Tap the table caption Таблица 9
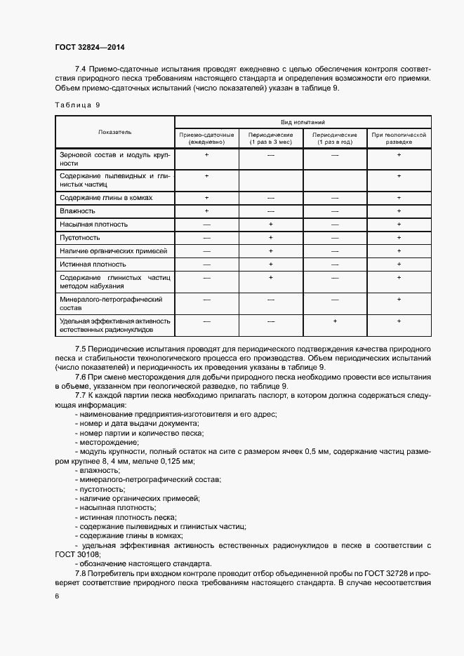click(77, 105)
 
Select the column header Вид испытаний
click(303, 121)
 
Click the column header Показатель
click(114, 132)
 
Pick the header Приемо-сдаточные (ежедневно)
click(206, 138)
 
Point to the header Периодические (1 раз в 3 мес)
click(270, 138)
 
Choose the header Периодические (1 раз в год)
click(334, 138)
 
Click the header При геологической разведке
click(398, 138)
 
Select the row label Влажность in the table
click(78, 210)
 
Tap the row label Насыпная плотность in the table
click(94, 225)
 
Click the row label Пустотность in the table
click(81, 238)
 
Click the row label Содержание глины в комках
click(106, 198)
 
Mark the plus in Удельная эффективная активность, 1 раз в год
click(334, 321)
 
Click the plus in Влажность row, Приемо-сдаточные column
click(206, 210)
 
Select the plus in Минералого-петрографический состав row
click(398, 300)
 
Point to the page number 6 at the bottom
click(57, 596)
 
